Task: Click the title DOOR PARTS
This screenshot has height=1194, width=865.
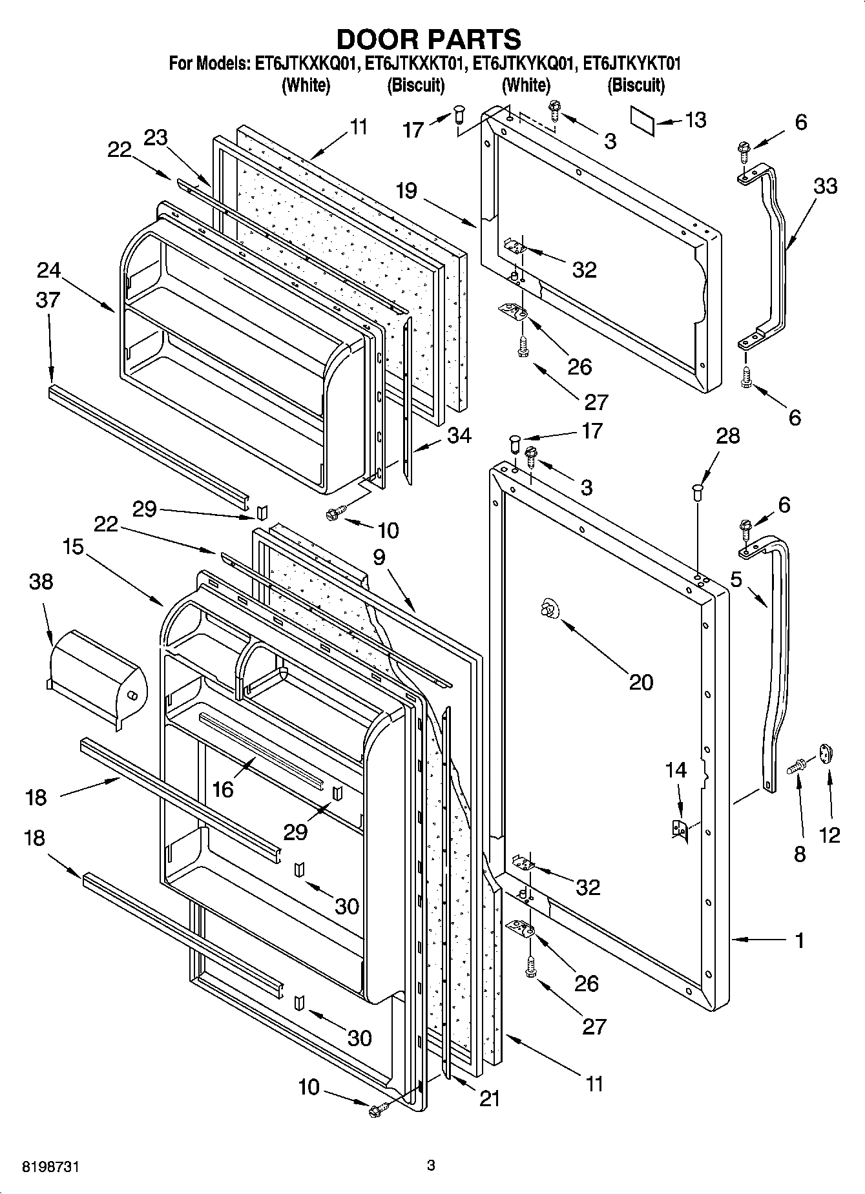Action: pyautogui.click(x=429, y=40)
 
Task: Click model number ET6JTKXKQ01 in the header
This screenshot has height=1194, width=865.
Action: pyautogui.click(x=307, y=64)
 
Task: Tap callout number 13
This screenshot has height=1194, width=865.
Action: pyautogui.click(x=695, y=120)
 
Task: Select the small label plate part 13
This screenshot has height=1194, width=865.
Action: pyautogui.click(x=642, y=121)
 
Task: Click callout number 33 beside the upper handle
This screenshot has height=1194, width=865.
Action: pyautogui.click(x=825, y=187)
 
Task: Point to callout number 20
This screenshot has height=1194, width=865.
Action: pyautogui.click(x=641, y=682)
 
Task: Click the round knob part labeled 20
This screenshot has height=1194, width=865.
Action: pyautogui.click(x=548, y=608)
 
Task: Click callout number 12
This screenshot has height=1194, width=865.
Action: pyautogui.click(x=829, y=834)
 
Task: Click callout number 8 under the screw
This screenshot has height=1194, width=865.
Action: pyautogui.click(x=800, y=854)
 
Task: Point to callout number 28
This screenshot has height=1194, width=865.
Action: pyautogui.click(x=727, y=436)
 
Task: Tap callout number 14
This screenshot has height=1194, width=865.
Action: pyautogui.click(x=676, y=770)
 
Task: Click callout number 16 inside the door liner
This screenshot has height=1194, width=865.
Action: pyautogui.click(x=222, y=789)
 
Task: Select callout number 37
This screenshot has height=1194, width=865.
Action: pyautogui.click(x=48, y=300)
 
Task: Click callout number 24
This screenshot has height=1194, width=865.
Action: pyautogui.click(x=48, y=270)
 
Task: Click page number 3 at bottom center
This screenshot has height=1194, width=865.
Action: pyautogui.click(x=431, y=1166)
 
